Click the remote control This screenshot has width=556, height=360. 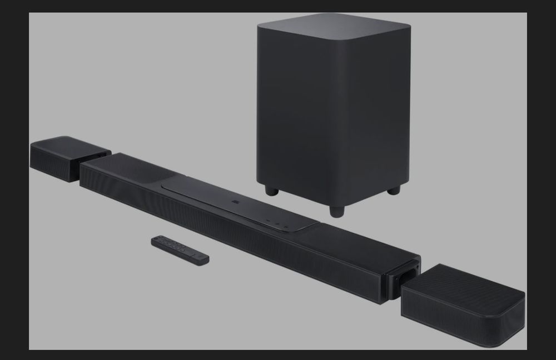click(180, 249)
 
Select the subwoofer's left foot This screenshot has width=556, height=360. click(271, 191)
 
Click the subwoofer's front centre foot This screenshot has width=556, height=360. click(336, 211)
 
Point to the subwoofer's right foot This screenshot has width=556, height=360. click(394, 190)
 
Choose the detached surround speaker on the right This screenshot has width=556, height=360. click(463, 300)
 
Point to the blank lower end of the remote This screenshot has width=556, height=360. click(200, 258)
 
